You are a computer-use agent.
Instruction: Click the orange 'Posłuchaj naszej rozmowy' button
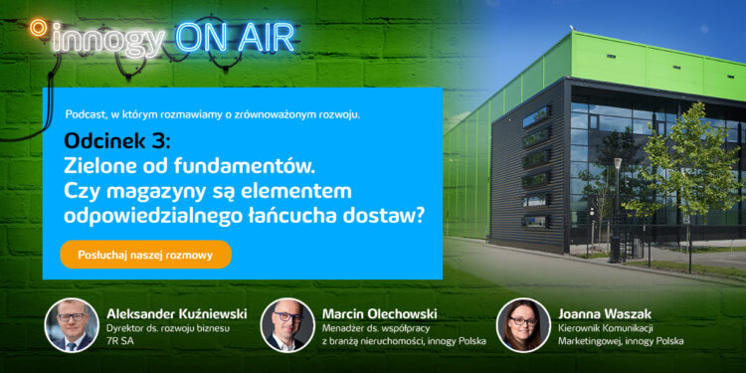pos(145,255)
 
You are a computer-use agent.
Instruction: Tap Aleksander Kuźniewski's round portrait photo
pos(72,325)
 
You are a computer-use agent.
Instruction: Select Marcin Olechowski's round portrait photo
pos(287,325)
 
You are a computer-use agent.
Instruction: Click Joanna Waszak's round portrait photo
pos(523,324)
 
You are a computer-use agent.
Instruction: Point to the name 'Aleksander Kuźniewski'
pos(175,312)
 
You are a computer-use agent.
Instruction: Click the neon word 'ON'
pos(201,37)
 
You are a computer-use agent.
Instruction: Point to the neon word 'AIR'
pos(264,37)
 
